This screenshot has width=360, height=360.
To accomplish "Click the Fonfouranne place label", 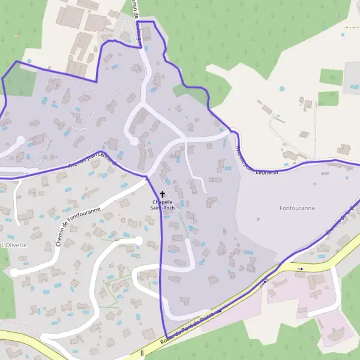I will (297, 208).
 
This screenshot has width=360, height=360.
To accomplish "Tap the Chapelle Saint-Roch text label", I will (162, 205).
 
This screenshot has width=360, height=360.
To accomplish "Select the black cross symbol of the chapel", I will (162, 194).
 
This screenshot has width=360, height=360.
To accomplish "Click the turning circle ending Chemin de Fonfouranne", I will (139, 241).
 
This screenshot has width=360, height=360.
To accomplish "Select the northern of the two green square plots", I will (331, 77).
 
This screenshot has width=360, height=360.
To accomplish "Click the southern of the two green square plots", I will (328, 98).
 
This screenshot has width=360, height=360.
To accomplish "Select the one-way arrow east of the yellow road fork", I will (300, 269).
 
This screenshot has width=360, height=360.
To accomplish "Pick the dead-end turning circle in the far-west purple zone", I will (19, 141).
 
